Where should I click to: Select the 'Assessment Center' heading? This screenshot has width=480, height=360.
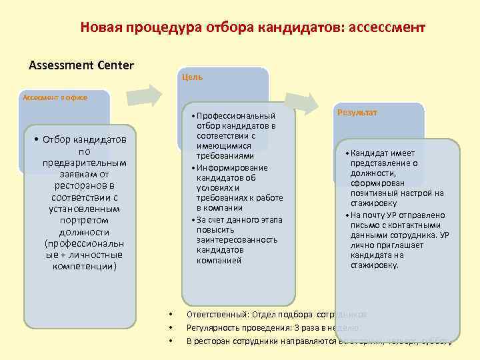coord(81,65)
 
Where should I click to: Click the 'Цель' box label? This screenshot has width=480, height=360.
coord(192,77)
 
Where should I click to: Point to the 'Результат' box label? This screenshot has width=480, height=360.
coord(357,113)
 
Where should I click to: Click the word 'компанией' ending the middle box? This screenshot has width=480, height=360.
coord(219,260)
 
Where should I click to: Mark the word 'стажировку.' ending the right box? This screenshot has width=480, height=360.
coord(374,265)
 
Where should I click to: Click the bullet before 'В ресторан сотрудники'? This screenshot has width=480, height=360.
coord(171,342)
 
